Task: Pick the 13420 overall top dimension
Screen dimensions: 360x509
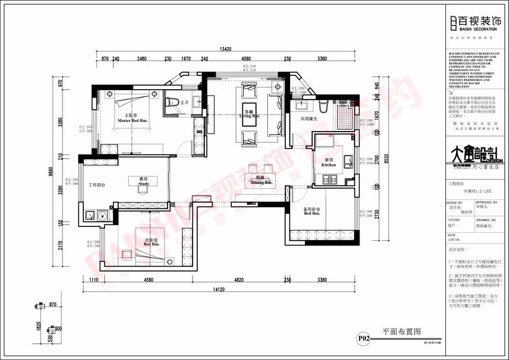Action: point(225,49)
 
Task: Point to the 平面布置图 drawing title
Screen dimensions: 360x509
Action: point(401,331)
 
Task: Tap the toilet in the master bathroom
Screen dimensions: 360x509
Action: point(171,103)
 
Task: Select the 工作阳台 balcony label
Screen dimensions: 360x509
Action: point(97,185)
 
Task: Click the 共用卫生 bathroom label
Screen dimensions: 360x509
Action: point(309,119)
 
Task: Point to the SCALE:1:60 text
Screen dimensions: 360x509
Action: point(432,342)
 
